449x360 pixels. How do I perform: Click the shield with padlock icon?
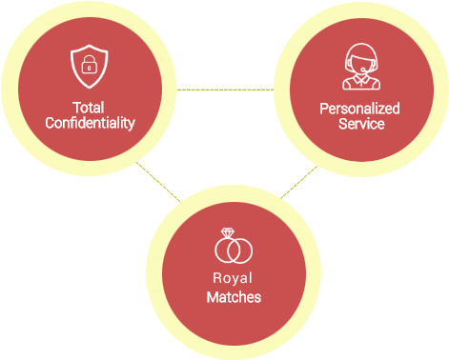(x=89, y=65)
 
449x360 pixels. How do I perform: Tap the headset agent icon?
(x=359, y=67)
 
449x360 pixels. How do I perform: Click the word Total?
(x=89, y=108)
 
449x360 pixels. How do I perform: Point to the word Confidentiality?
(x=90, y=123)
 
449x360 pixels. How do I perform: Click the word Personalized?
(x=359, y=109)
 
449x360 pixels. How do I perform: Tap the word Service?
(x=360, y=124)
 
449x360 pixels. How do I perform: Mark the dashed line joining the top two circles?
(x=224, y=90)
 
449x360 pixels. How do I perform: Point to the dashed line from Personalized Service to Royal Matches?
(x=299, y=182)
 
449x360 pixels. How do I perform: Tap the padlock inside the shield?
(x=89, y=66)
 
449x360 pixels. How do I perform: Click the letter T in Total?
(x=75, y=108)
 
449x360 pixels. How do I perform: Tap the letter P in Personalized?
(x=323, y=109)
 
